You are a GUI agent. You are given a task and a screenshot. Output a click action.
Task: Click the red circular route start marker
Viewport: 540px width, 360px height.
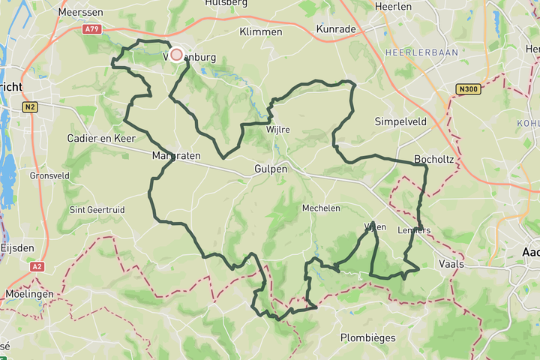[x=177, y=54]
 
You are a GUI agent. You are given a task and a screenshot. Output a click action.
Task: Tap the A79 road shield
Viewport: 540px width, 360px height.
[x=91, y=29]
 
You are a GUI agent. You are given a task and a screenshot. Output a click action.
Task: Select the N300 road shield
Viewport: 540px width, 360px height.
[x=466, y=89]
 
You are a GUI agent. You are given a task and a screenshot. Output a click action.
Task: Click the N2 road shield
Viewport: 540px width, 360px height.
[x=30, y=107]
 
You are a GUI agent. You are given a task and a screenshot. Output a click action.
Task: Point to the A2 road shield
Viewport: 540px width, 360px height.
[x=37, y=266]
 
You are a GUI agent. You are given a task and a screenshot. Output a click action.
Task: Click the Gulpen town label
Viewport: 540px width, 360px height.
[x=271, y=169]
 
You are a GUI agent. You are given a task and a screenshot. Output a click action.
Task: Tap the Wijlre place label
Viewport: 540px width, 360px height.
[x=277, y=130]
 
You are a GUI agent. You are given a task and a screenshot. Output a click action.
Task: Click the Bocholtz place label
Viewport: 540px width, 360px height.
[x=432, y=160]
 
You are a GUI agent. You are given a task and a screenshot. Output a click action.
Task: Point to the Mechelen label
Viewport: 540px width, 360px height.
[x=321, y=208]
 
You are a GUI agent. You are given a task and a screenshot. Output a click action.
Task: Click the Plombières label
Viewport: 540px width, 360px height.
[x=367, y=337]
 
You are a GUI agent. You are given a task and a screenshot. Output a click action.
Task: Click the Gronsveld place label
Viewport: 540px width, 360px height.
[x=49, y=175]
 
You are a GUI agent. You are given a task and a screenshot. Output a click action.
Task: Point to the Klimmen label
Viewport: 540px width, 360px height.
[x=260, y=32]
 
